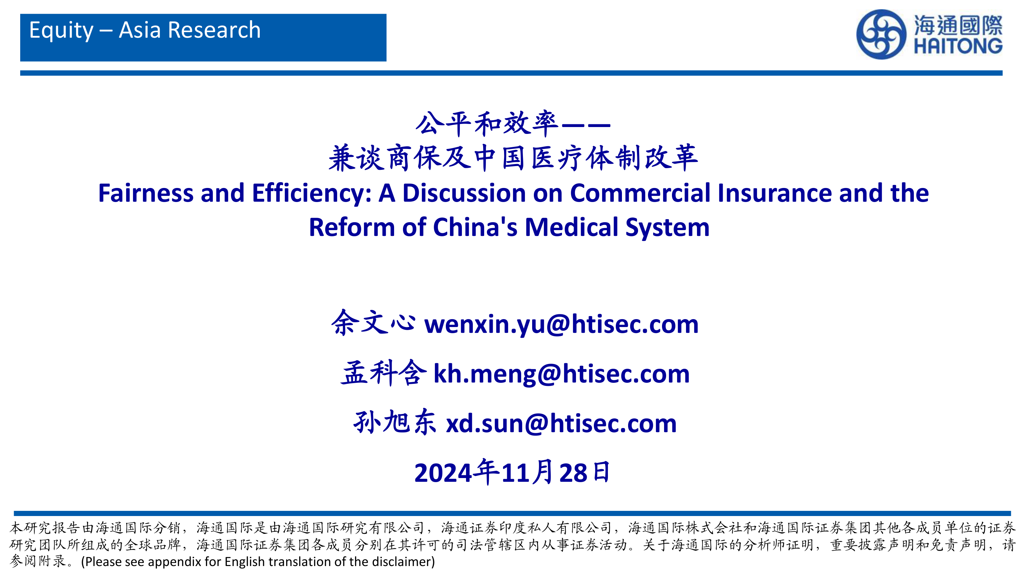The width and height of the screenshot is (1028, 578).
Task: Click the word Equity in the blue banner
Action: [x=61, y=31]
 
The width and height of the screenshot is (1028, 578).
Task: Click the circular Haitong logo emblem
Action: [x=881, y=35]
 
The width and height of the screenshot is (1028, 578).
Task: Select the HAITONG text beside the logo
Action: [x=958, y=46]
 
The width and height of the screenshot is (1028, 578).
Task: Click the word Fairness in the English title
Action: [x=146, y=193]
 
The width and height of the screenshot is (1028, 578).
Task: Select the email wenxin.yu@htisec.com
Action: [x=561, y=324]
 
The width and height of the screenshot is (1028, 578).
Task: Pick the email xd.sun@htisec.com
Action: [x=561, y=423]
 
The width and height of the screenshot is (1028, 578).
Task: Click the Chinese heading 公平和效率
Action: [x=487, y=124]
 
